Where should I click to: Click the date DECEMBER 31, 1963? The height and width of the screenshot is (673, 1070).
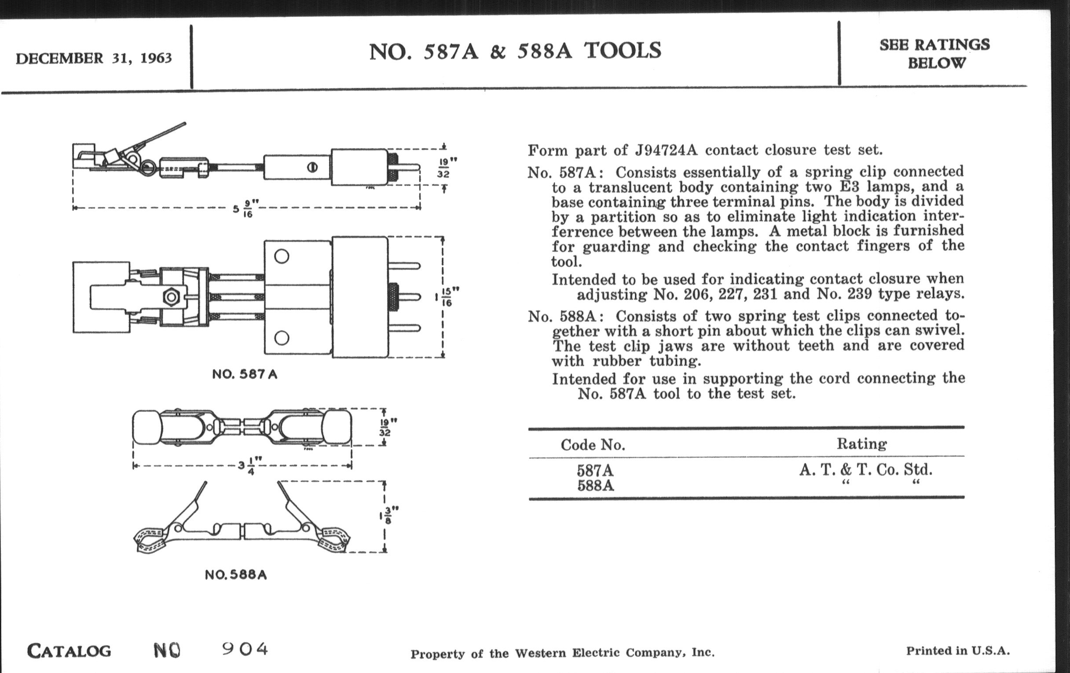coord(94,59)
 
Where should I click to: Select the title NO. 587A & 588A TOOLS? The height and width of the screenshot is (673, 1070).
coord(515,51)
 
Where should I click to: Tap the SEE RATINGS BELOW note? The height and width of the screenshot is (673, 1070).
coord(934,54)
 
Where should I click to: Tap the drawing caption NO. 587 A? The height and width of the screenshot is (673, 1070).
coord(245,374)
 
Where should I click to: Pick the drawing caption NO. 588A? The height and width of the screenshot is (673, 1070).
coord(236,575)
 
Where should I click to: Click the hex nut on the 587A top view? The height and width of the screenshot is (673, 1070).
coord(171,297)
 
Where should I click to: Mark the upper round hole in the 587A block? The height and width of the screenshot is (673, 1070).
coord(282,256)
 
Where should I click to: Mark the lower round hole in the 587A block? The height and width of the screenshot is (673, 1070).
coord(282,338)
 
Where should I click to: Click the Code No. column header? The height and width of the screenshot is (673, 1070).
coord(593,445)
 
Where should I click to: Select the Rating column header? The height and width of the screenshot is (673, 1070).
coord(861,443)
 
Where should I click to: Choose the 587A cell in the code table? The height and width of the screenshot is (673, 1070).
coord(595,470)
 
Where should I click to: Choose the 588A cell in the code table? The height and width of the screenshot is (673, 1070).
coord(595,486)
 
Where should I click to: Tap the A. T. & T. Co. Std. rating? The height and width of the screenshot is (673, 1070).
coord(865,470)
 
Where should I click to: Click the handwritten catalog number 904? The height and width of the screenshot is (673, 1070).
coord(245,649)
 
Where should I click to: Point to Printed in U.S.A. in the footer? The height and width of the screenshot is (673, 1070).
coord(957,651)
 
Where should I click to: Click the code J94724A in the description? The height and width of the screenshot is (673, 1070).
coord(667,150)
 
